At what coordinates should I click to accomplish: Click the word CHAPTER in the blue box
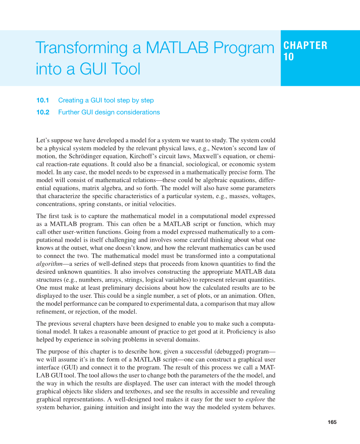click(x=306, y=45)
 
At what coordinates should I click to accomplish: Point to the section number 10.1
click(x=43, y=100)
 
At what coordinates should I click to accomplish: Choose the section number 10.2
click(x=43, y=112)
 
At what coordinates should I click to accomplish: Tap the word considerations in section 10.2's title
click(x=138, y=112)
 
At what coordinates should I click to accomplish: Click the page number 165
click(x=332, y=422)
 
